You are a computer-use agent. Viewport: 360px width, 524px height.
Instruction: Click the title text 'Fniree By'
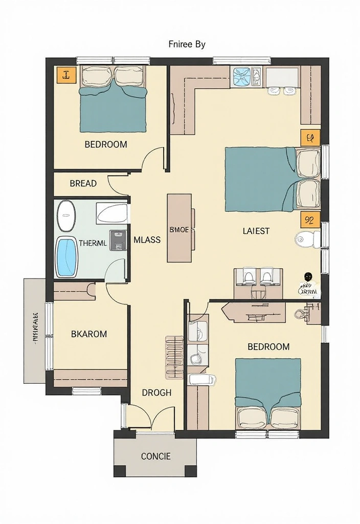(187, 44)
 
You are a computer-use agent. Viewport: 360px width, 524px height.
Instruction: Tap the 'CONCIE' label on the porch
(155, 456)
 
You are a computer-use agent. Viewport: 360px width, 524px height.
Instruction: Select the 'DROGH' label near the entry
(156, 392)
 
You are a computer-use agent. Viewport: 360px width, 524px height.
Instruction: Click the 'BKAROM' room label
(89, 334)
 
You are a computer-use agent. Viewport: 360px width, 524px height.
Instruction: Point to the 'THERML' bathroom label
(93, 244)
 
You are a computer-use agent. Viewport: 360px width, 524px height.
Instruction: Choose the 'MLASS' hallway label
(147, 239)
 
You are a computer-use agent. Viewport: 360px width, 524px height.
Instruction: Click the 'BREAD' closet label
(83, 183)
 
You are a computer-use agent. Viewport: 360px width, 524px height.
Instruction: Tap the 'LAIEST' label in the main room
(256, 231)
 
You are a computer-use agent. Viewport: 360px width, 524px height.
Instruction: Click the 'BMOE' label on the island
(179, 230)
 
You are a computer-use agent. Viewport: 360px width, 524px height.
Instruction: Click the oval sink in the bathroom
(66, 215)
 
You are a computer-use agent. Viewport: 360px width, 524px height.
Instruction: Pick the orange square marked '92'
(309, 220)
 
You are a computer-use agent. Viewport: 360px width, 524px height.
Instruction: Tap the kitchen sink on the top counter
(247, 77)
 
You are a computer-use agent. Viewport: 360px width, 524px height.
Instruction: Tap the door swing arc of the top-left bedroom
(153, 160)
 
